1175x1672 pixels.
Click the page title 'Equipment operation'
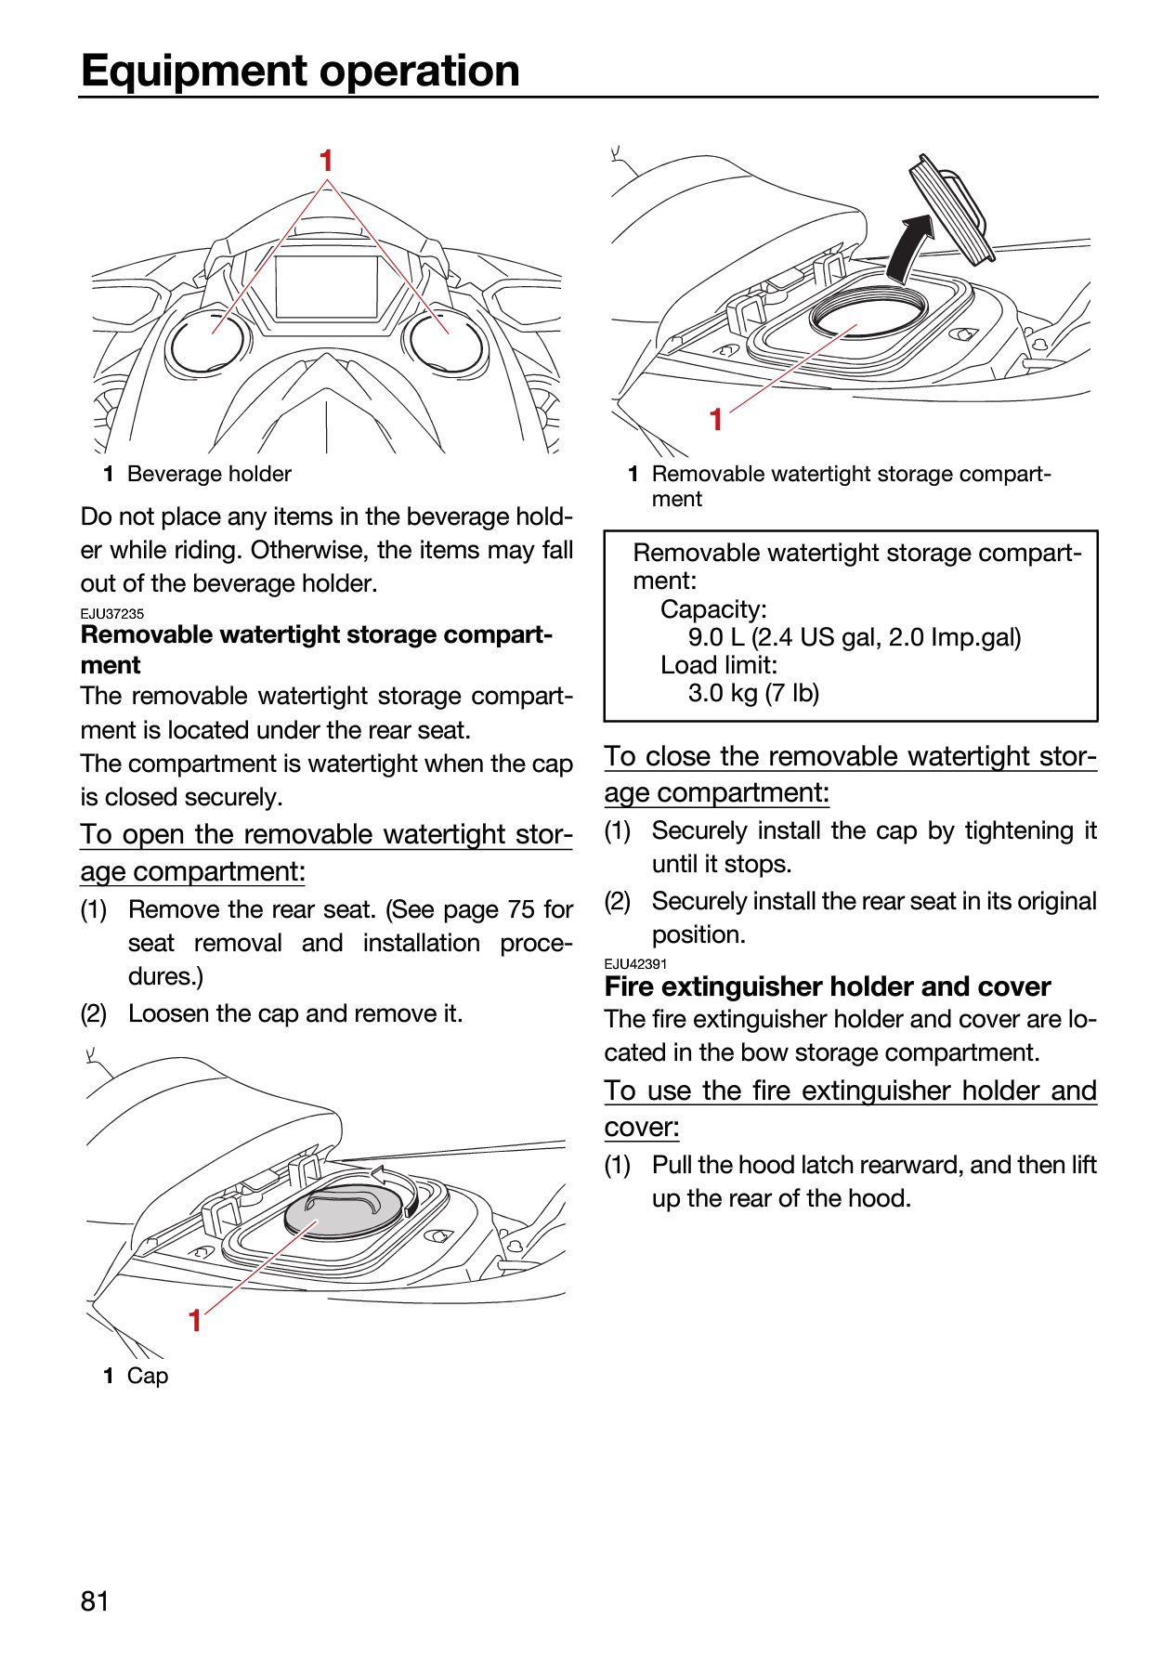[300, 71]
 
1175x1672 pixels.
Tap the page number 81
[95, 1601]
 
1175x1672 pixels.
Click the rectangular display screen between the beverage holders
[327, 287]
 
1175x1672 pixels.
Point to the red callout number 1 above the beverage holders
[326, 161]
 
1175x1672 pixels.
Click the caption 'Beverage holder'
[209, 474]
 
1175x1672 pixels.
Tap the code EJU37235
[112, 614]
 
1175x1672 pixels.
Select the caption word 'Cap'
[148, 1376]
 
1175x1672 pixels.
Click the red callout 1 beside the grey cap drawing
[195, 1320]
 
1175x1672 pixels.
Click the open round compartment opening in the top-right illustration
[868, 313]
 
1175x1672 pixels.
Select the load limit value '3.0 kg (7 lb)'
[753, 693]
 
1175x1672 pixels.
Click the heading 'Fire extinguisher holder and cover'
[828, 986]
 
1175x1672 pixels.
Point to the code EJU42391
[636, 964]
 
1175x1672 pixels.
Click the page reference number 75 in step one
[521, 909]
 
